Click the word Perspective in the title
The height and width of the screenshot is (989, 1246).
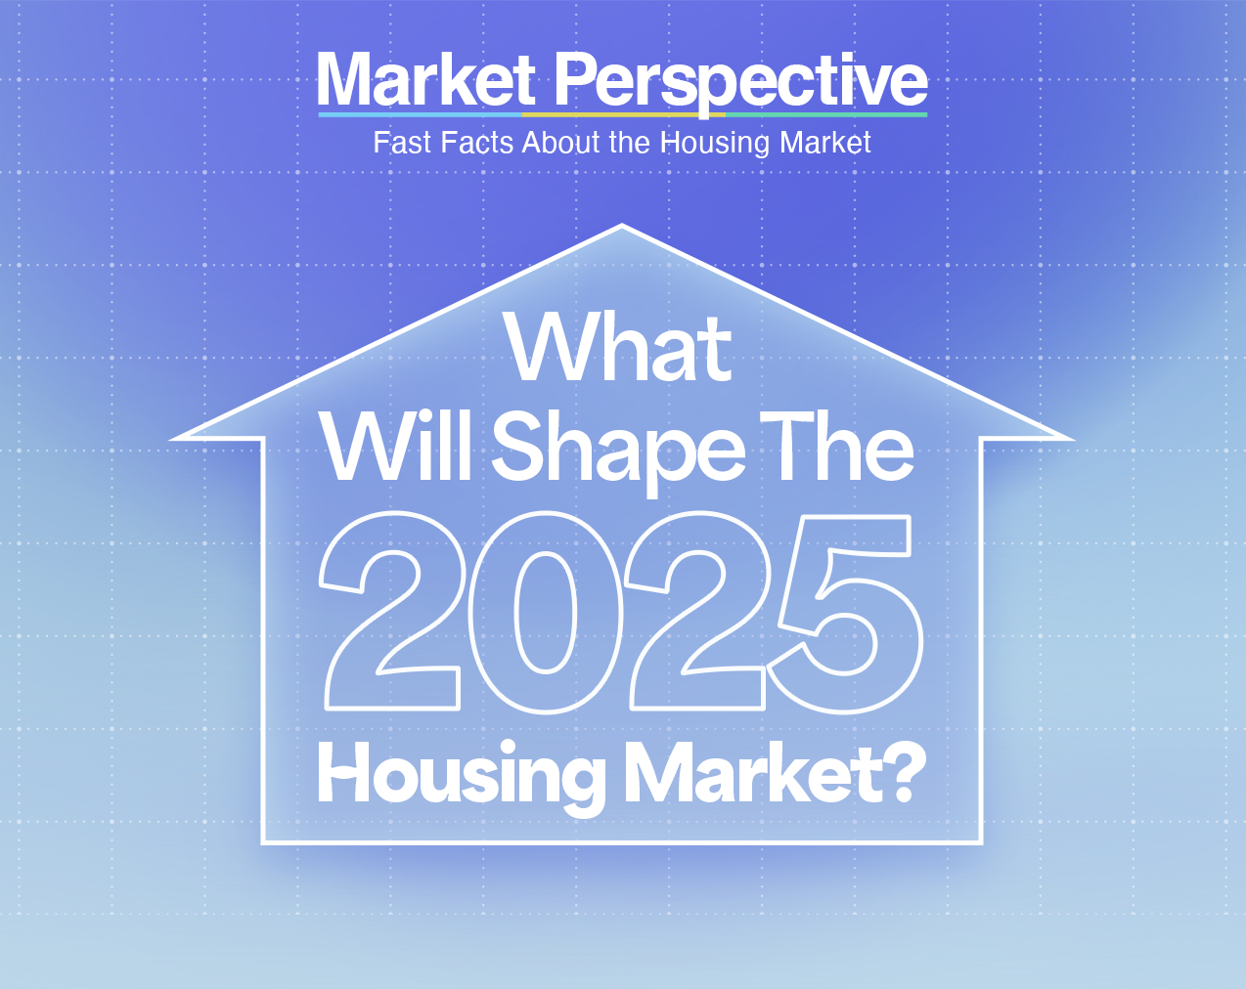[740, 81]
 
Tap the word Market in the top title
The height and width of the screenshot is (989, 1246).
[426, 80]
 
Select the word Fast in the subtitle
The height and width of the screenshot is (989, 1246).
[402, 143]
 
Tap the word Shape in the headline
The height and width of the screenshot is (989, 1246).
[618, 451]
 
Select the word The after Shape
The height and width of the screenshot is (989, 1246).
[837, 448]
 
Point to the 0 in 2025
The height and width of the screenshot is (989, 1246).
[543, 612]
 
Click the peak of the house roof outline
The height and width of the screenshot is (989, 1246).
[622, 227]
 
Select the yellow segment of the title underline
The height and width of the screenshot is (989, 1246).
[622, 114]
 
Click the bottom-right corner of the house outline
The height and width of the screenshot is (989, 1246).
[980, 840]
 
